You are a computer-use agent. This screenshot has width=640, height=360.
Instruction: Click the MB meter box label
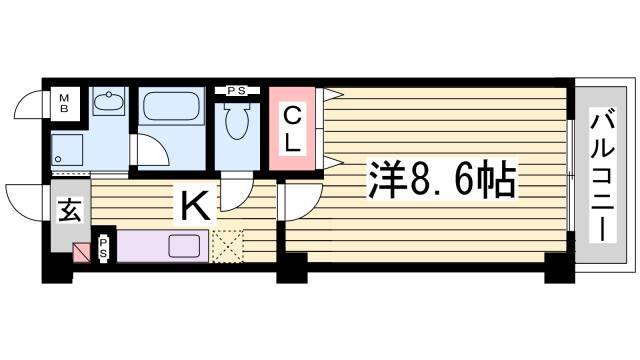(63, 102)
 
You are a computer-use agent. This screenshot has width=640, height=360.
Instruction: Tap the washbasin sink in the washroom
(106, 101)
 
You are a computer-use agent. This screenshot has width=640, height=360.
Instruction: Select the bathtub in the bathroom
(172, 105)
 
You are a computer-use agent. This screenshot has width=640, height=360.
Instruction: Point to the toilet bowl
(237, 123)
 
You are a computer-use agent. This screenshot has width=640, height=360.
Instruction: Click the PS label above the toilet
(237, 91)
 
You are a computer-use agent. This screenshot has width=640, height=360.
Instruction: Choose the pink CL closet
(292, 129)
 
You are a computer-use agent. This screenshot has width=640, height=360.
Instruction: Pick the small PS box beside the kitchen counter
(104, 247)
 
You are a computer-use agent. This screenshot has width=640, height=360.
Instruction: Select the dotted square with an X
(228, 245)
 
